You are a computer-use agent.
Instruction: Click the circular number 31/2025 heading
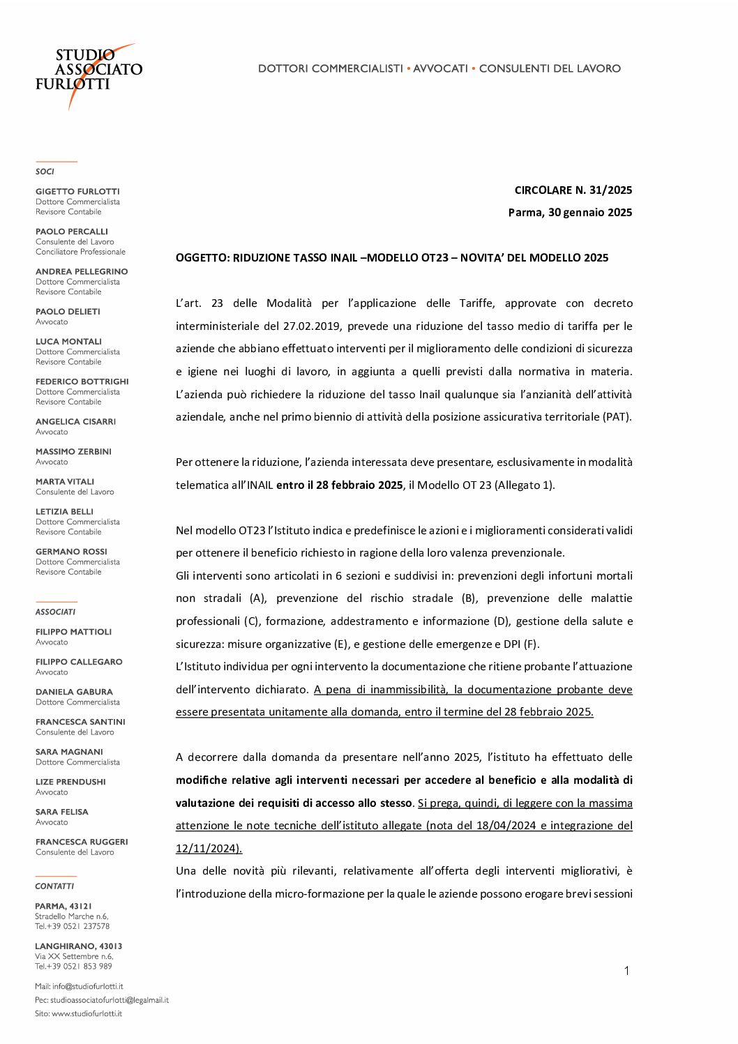573,190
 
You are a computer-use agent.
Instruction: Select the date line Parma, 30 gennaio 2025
570,212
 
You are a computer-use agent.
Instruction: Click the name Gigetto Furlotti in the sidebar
77,191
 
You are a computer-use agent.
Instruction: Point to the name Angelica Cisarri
75,421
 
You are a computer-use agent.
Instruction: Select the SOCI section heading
45,172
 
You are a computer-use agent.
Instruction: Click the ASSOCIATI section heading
55,612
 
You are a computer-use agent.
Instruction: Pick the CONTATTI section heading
54,886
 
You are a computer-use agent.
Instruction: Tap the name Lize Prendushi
70,782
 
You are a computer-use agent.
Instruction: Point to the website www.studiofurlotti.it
86,1013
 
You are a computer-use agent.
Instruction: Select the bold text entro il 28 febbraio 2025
339,485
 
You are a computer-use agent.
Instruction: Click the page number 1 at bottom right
626,971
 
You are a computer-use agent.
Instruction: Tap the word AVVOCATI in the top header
440,68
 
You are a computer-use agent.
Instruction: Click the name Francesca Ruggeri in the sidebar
82,842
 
